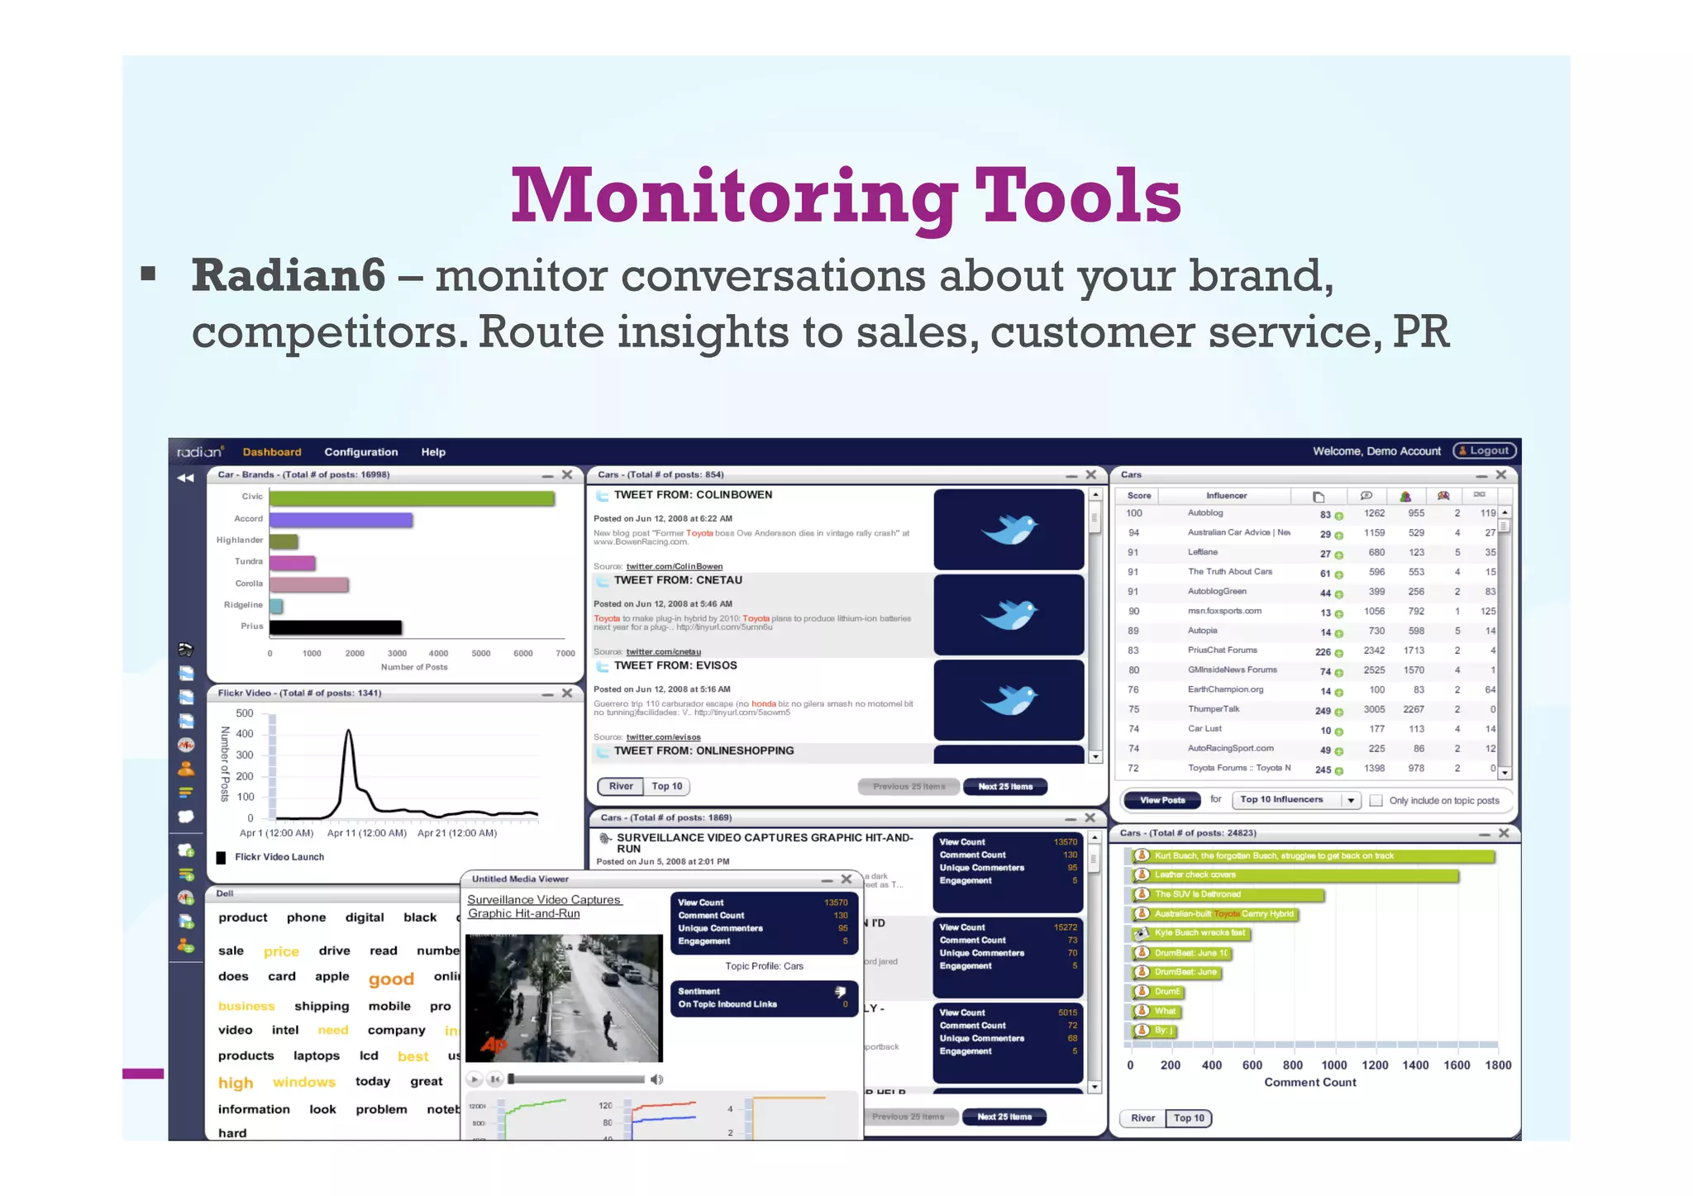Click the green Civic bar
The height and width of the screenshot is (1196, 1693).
click(x=411, y=498)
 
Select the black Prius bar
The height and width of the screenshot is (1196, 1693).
click(x=335, y=627)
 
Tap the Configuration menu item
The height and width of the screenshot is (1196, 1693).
click(x=360, y=452)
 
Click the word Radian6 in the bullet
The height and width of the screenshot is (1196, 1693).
click(x=288, y=275)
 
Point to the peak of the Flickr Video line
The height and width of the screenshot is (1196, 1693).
click(x=349, y=731)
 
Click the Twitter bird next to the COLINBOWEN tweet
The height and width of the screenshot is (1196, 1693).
click(x=1009, y=529)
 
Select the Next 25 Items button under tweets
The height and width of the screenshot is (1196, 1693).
click(x=1004, y=787)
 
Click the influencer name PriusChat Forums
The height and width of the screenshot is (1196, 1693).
click(x=1222, y=650)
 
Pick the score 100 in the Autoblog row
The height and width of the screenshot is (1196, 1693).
click(x=1134, y=513)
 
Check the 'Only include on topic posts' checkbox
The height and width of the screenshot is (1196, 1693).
click(x=1376, y=800)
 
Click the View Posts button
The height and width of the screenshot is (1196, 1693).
click(x=1161, y=800)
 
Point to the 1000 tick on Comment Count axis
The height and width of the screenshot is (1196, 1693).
click(x=1333, y=1065)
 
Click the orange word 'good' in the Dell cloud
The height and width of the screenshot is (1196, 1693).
click(x=391, y=979)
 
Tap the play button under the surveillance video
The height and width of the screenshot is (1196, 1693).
click(x=475, y=1079)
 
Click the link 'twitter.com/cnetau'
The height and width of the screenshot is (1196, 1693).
click(x=663, y=652)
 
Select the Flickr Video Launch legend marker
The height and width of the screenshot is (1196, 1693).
click(x=222, y=858)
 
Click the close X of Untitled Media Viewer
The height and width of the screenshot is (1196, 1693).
click(x=846, y=879)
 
